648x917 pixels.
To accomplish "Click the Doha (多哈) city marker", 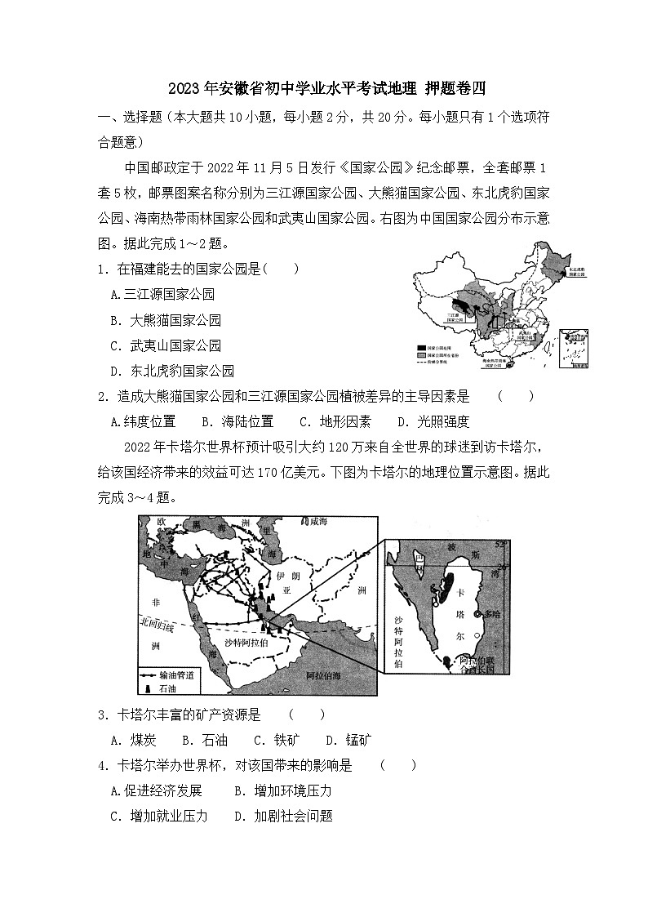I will point(479,613).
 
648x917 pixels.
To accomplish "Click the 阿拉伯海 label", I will point(329,676).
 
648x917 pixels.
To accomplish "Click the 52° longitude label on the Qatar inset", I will point(501,544).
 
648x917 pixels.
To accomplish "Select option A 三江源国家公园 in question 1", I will point(162,295).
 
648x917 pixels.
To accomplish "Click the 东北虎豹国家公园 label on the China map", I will point(575,272).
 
